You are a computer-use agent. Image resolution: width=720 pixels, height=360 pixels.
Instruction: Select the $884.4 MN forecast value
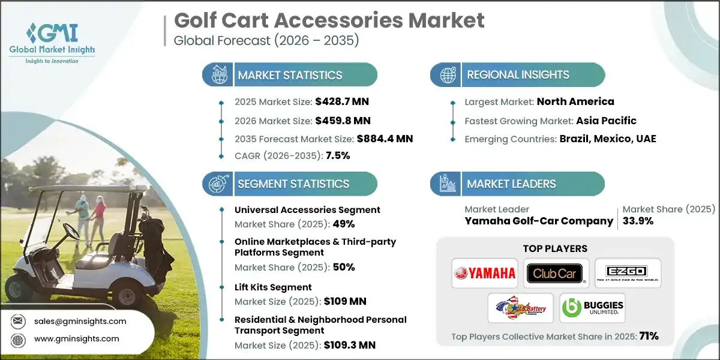(385, 139)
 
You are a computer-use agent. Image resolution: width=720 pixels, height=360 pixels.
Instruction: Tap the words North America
(575, 101)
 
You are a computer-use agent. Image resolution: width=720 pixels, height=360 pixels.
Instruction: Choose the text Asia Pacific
(606, 120)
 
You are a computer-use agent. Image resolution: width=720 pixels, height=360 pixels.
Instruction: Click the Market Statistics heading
(290, 75)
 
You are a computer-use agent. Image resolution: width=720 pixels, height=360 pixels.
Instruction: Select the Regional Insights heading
(518, 75)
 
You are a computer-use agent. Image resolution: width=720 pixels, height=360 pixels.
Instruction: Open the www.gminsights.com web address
(76, 338)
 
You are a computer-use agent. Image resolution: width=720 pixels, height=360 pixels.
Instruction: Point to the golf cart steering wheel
(70, 229)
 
